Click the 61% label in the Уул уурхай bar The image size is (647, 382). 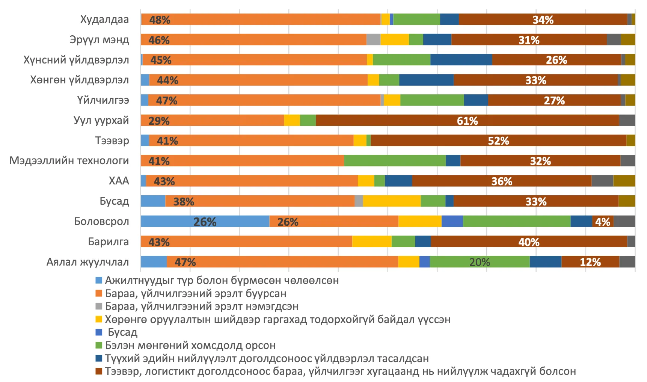tap(467, 121)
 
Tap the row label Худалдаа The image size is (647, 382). tap(104, 20)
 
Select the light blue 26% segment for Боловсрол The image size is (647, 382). tap(205, 221)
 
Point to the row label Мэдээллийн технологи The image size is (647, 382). tap(69, 161)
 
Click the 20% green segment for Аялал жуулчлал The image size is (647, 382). tap(480, 262)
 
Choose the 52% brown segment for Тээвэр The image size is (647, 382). tap(499, 140)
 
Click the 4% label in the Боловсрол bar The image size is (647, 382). tap(603, 222)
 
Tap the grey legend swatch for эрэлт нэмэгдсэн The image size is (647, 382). tap(99, 306)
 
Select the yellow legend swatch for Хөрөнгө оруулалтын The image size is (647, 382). tap(99, 319)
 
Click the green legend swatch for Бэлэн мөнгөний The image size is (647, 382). tap(99, 345)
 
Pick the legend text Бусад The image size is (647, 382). tap(122, 332)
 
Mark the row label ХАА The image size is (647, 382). tap(119, 181)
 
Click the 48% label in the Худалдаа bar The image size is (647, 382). tap(160, 20)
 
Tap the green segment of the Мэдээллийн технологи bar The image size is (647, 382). tap(395, 161)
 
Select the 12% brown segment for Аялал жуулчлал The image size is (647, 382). tap(590, 262)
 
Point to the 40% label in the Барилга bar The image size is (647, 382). tap(529, 242)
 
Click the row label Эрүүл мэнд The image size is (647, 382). tap(99, 40)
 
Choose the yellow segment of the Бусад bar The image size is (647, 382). tap(392, 201)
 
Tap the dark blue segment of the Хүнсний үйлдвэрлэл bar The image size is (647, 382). tap(461, 60)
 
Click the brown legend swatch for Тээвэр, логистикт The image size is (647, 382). tap(99, 371)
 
